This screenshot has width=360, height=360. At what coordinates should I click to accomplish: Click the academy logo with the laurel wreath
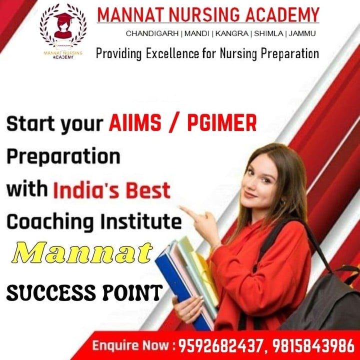tap(63, 31)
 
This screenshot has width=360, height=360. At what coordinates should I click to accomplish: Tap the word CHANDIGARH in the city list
tap(152, 33)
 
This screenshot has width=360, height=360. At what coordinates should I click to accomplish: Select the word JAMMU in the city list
tap(302, 33)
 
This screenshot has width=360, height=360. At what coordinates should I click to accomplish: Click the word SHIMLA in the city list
tap(268, 33)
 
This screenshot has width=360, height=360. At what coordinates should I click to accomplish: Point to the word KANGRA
tap(232, 33)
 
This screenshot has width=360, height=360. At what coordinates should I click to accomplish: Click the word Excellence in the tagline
tap(172, 53)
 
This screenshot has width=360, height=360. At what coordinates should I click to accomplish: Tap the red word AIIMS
tap(135, 123)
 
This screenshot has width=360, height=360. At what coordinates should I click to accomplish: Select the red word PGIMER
tap(222, 123)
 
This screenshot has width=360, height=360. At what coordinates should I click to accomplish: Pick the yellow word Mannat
tap(82, 252)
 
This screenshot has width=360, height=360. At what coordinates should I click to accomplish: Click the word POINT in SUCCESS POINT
tap(132, 292)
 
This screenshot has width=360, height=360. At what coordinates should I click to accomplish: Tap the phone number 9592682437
tap(220, 346)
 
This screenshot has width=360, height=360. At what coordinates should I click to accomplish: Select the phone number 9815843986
tap(313, 346)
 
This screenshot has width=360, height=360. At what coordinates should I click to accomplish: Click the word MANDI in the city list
tap(197, 33)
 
